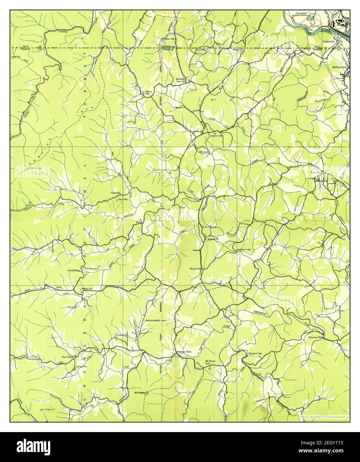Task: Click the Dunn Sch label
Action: pyautogui.click(x=123, y=199)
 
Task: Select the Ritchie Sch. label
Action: pyautogui.click(x=75, y=271)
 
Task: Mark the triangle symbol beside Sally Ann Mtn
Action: pyautogui.click(x=160, y=320)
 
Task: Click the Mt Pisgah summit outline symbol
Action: pyautogui.click(x=147, y=393)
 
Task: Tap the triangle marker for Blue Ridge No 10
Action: pyautogui.click(x=41, y=409)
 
